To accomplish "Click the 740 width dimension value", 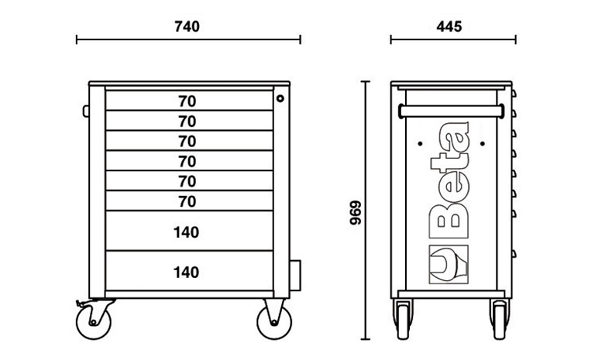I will tap(187, 26).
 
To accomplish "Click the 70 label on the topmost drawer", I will tap(187, 101).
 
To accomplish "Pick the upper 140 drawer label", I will tap(187, 231).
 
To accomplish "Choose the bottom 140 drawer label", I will tap(187, 272).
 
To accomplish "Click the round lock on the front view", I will tap(280, 98).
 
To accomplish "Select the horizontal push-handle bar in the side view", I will tap(452, 111).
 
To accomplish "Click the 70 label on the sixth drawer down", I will tap(187, 201).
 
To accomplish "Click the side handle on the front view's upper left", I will tap(85, 110).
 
